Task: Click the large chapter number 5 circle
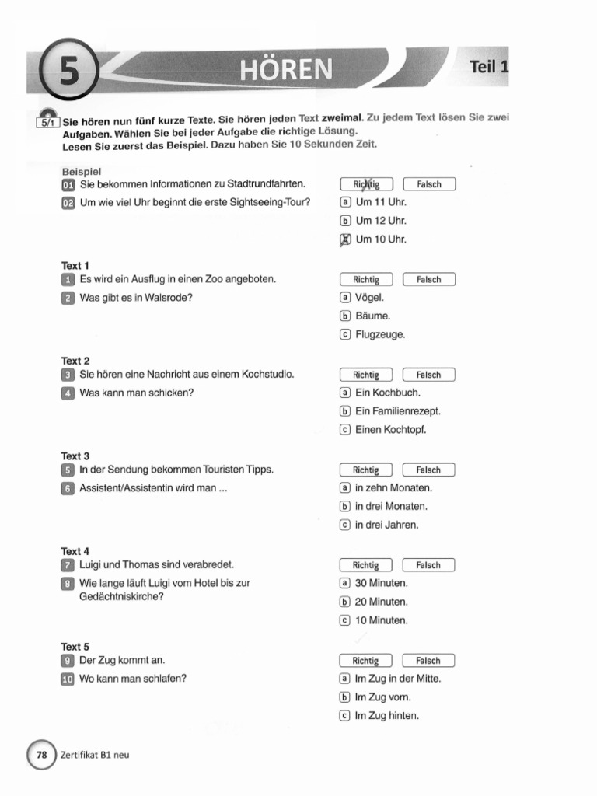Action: coord(70,68)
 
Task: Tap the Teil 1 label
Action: coord(488,67)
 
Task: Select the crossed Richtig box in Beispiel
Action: coord(366,184)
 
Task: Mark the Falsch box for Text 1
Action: coord(428,280)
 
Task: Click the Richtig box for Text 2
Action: coord(366,375)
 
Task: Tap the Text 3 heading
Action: coord(75,456)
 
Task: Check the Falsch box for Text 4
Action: coord(428,565)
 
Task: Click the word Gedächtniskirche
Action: coord(124,597)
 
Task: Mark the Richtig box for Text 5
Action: coord(366,661)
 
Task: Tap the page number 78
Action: coord(42,755)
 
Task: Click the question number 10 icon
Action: coord(68,679)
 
